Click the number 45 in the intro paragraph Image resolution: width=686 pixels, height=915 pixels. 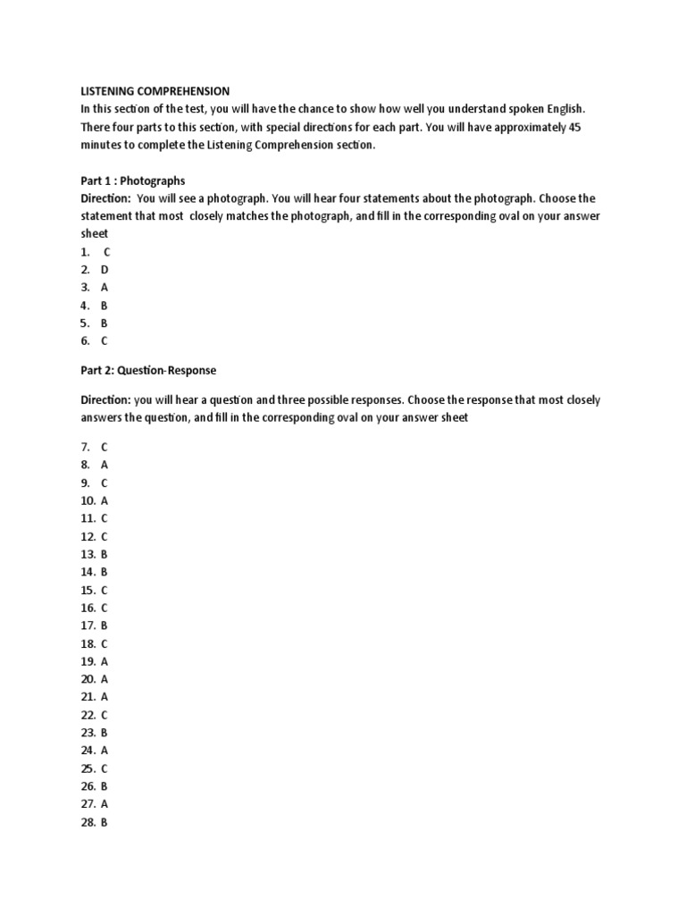574,127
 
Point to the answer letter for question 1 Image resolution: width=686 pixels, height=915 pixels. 107,252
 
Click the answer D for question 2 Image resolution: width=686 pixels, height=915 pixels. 105,270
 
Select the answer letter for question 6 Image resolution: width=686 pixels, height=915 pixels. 105,340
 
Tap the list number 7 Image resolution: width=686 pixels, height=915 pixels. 85,447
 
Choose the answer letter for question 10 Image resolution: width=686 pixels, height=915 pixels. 105,500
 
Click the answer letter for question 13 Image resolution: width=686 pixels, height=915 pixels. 105,554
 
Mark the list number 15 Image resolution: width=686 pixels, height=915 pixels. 87,590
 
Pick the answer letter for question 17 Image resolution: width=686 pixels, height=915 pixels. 105,625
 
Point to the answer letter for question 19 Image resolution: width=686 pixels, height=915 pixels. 105,661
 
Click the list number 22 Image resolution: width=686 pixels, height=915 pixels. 87,715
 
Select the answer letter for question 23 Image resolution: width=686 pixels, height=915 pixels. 105,733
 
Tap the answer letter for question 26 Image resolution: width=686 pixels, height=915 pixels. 105,786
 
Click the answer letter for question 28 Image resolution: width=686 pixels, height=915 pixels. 105,822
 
